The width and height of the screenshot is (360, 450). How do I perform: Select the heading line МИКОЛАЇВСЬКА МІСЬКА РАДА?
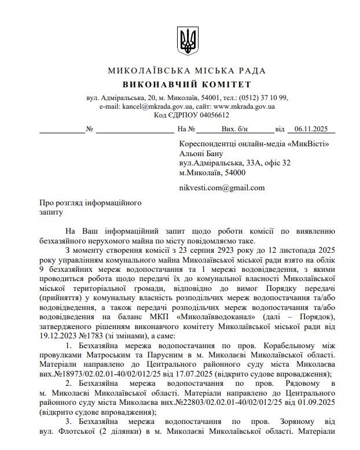coord(187,71)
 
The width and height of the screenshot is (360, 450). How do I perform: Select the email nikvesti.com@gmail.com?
coord(222,187)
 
